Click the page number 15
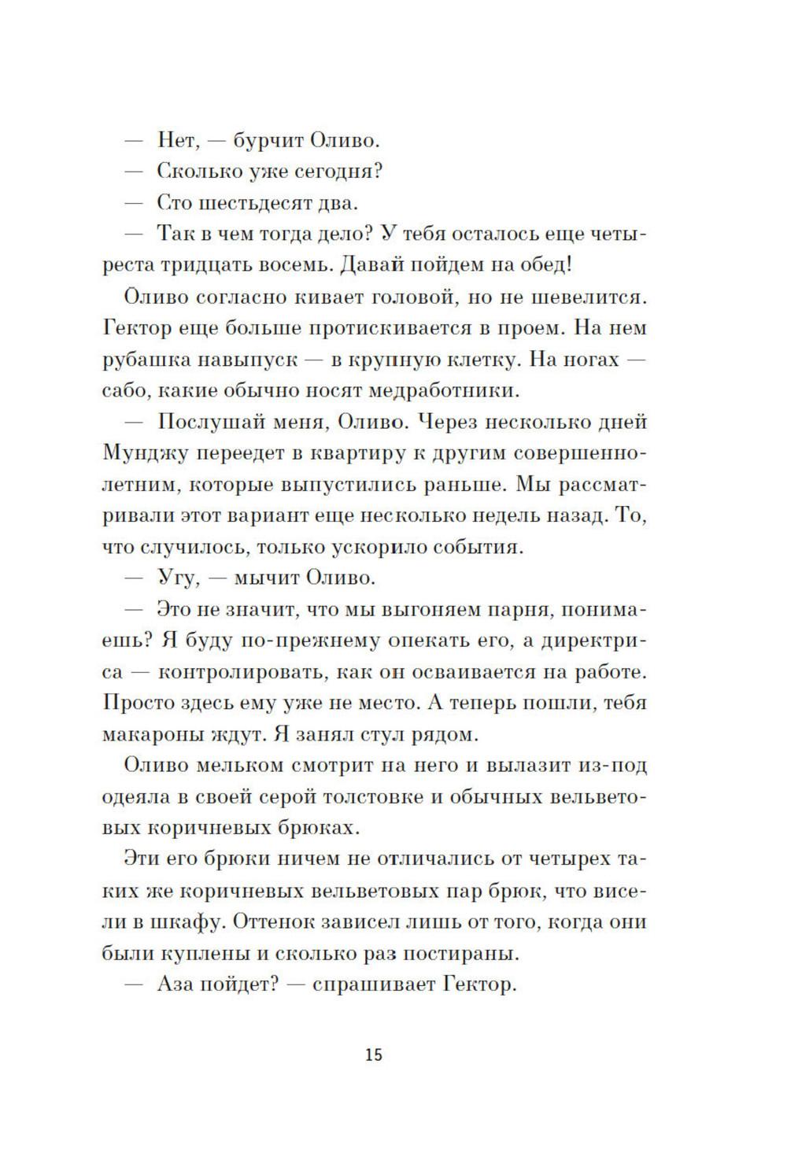tap(374, 1054)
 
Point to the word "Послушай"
tap(209, 422)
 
